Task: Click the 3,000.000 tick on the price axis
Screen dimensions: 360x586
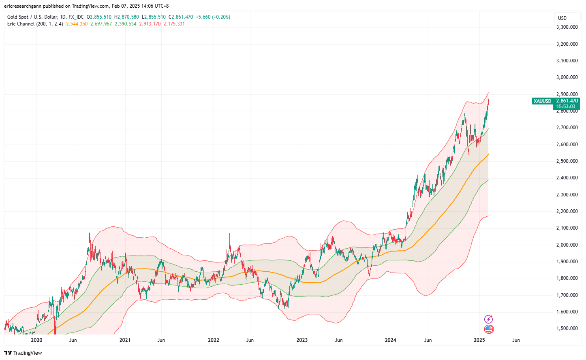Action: click(x=567, y=77)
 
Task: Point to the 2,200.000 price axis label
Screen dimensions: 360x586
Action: click(x=567, y=211)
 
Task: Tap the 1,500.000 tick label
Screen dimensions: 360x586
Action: click(x=567, y=328)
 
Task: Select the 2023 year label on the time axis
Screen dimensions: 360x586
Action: click(x=302, y=340)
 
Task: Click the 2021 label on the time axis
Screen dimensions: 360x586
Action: click(x=125, y=340)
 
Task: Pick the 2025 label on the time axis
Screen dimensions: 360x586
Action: click(x=479, y=340)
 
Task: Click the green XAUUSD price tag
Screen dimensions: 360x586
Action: click(x=542, y=101)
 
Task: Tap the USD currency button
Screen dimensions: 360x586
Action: click(x=562, y=18)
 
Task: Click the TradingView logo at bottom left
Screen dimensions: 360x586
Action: click(x=23, y=353)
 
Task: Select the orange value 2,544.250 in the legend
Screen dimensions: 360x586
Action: click(x=77, y=24)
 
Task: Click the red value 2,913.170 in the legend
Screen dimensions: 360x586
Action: click(x=150, y=24)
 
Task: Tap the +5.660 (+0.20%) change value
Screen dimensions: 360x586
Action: click(x=213, y=17)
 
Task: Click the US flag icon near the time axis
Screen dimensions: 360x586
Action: click(x=489, y=329)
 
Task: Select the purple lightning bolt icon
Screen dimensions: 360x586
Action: click(x=489, y=320)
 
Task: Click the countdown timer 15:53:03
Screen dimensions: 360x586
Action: click(x=566, y=107)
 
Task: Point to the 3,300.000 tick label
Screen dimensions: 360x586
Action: click(x=567, y=27)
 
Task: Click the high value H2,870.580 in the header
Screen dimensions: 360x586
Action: click(x=126, y=17)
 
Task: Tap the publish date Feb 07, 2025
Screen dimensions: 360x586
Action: click(x=123, y=6)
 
